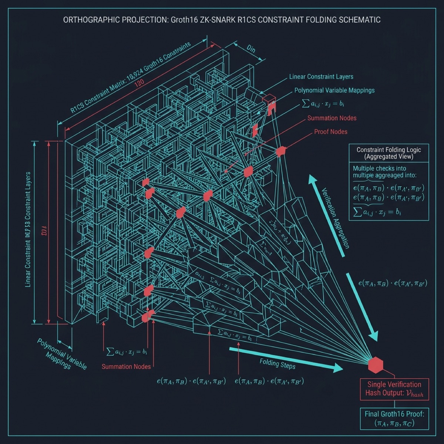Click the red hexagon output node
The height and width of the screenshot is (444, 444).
tap(376, 364)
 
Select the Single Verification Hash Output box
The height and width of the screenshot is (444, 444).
tap(394, 389)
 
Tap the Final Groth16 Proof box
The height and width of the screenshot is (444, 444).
tap(394, 418)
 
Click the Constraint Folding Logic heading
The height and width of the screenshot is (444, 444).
tap(388, 153)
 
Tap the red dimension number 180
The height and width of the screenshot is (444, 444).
tap(139, 83)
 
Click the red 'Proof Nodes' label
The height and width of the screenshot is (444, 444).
tap(331, 132)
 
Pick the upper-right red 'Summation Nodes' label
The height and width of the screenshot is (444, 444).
tap(332, 118)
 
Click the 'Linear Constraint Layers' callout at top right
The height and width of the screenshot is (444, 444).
tap(321, 77)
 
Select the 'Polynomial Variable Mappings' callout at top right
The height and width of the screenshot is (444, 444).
tap(334, 90)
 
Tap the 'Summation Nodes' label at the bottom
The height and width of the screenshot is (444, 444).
tap(126, 366)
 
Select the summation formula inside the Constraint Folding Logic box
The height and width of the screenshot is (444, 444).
tap(377, 212)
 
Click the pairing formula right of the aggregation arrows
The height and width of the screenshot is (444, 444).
tap(393, 283)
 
